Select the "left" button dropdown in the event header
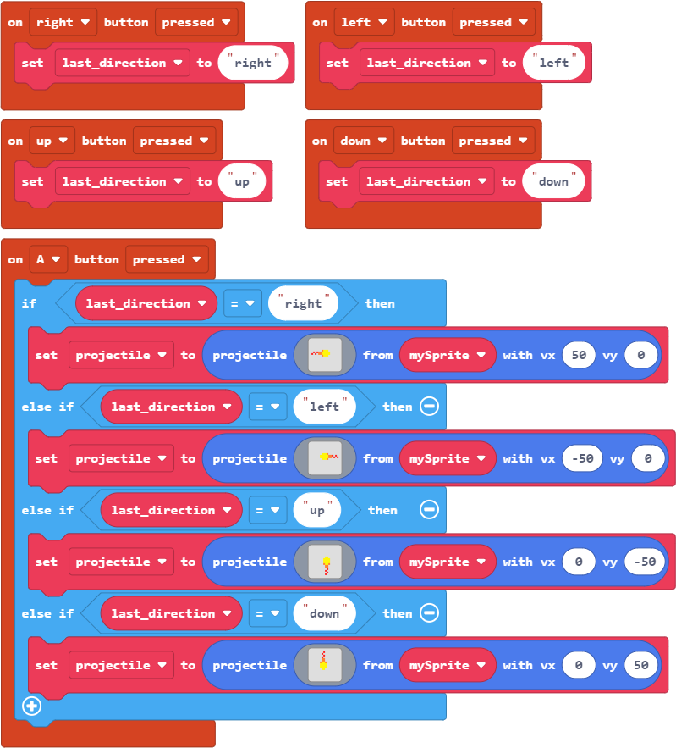coord(365,23)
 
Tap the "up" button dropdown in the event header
coord(52,141)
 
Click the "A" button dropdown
coord(48,260)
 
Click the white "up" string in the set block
coord(242,181)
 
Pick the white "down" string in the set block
coord(553,181)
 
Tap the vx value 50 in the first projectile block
coord(579,356)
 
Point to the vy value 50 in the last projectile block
coord(641,666)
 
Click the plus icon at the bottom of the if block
coord(32,706)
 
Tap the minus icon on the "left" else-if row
coord(429,407)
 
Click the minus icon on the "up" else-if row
coord(429,511)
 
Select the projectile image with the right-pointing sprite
coord(325,356)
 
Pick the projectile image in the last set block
coord(325,666)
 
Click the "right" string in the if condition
coord(303,304)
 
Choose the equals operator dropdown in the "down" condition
coord(267,614)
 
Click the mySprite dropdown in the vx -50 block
coord(448,459)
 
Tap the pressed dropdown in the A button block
coord(166,260)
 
